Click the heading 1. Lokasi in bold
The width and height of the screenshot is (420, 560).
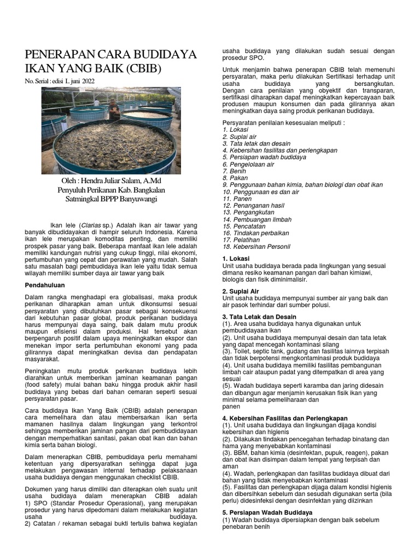pyautogui.click(x=236, y=258)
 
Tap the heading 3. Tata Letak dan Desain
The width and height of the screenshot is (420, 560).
pyautogui.click(x=259, y=317)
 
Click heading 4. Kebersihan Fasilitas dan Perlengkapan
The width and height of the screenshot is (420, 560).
pyautogui.click(x=284, y=418)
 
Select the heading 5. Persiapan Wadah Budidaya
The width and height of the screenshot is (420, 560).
pyautogui.click(x=267, y=512)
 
